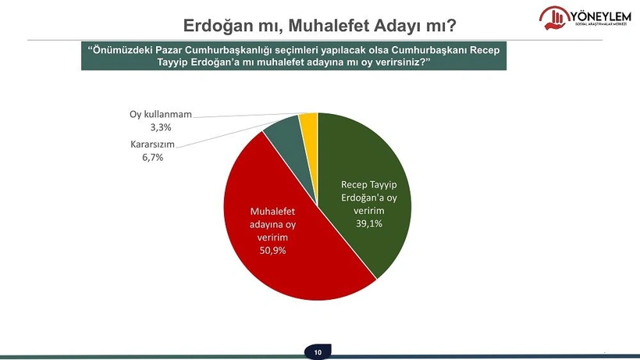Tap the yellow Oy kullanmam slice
click(x=309, y=119)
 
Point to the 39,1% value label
click(x=369, y=223)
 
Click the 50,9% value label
click(x=272, y=250)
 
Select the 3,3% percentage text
click(x=161, y=127)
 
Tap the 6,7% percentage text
click(x=153, y=157)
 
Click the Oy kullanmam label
click(x=161, y=114)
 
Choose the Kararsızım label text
click(x=153, y=144)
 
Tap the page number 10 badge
click(x=318, y=352)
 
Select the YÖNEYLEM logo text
click(x=600, y=16)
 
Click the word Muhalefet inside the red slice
click(x=272, y=212)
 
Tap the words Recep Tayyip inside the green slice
click(x=369, y=184)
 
